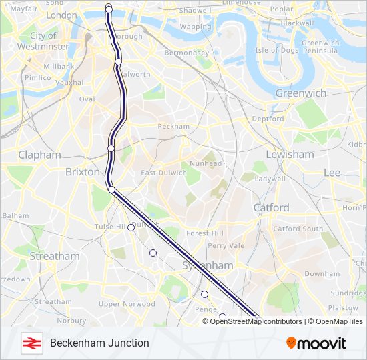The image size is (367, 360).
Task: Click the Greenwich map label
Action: coord(300,93)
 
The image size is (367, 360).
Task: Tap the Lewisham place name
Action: coord(290,154)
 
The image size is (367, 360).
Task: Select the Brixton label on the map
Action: coord(81,171)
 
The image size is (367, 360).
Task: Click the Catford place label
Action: coord(271,207)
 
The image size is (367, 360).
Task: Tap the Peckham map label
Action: coord(173,126)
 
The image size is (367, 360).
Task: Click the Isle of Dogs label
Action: coord(276,50)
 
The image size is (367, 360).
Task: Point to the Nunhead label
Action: coord(205,163)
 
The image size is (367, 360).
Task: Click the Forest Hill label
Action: coord(205,233)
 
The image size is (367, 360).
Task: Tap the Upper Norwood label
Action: coord(127,304)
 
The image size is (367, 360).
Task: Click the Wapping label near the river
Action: coord(195,27)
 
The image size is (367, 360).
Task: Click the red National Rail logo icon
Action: coord(31,343)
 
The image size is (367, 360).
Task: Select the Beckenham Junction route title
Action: coord(99,343)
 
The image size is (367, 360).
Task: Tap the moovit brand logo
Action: coord(316,343)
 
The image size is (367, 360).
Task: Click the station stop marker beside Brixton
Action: coord(111,190)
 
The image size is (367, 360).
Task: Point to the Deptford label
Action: coord(268,119)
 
